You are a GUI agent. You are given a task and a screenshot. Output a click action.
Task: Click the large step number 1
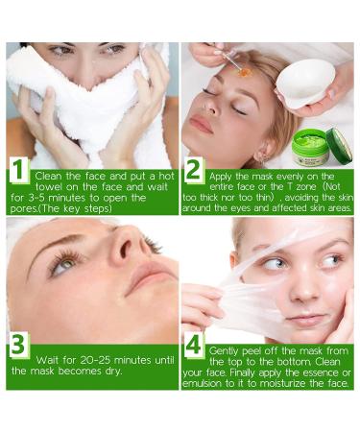pos(18,170)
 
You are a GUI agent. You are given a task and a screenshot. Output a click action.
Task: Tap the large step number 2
pos(193,170)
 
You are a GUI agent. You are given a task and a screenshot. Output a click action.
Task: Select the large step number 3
pos(18,345)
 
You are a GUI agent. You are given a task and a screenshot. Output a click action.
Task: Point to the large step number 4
pos(193,346)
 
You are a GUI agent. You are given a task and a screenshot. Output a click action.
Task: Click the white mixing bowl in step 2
pos(305,83)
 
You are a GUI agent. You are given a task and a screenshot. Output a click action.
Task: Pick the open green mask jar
pos(310,147)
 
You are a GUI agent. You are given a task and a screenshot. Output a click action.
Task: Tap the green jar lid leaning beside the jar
pos(340,146)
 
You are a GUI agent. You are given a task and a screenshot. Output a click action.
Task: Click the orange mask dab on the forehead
pos(245,73)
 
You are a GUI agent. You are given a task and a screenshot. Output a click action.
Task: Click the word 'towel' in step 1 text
pos(49,187)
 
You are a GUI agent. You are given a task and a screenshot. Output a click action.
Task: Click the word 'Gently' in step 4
pos(224,351)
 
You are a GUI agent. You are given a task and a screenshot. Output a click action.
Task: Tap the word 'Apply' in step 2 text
pos(221,177)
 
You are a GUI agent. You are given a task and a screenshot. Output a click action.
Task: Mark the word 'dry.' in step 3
pos(114,372)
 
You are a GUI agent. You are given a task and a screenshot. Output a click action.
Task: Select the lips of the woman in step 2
pos(201,124)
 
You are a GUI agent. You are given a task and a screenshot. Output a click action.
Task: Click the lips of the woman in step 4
pos(304,319)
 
